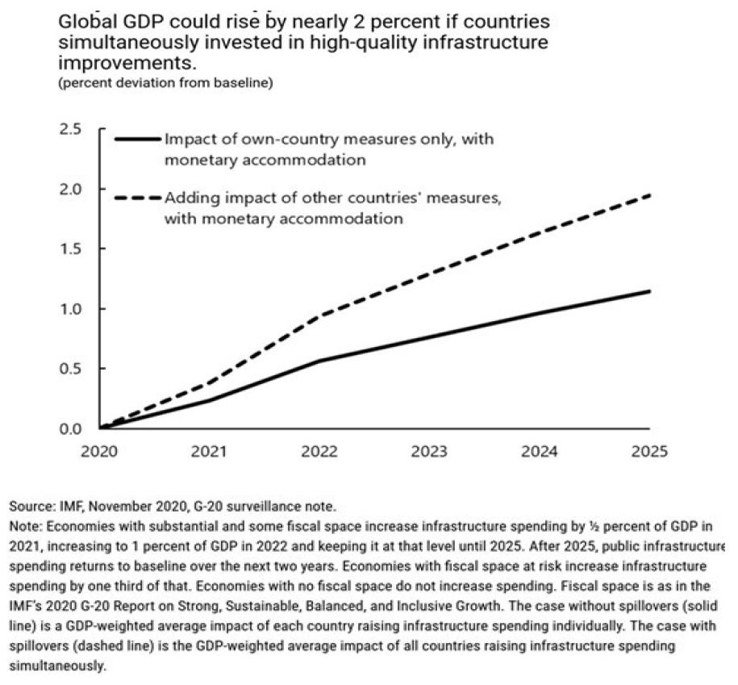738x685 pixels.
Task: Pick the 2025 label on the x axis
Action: [650, 452]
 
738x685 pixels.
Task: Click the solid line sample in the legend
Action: [137, 140]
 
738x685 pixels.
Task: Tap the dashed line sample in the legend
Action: [137, 196]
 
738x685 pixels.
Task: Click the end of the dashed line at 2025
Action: [650, 194]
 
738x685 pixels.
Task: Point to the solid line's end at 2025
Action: [650, 291]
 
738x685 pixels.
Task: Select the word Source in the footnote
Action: [29, 507]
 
